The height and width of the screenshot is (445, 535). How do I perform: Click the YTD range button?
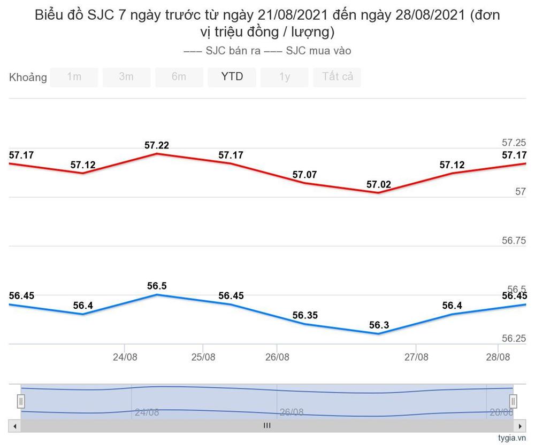[x=232, y=77]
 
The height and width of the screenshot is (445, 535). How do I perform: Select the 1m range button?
[x=74, y=77]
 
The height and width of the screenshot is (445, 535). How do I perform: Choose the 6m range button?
[x=179, y=77]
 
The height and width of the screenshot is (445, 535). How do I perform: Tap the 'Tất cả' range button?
[x=337, y=77]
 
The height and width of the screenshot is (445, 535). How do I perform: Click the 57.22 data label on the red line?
[x=157, y=145]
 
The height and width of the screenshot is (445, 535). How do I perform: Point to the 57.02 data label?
[x=379, y=185]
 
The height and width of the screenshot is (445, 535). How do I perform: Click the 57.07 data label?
[x=304, y=175]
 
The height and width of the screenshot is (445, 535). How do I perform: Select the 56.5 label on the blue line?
[x=157, y=286]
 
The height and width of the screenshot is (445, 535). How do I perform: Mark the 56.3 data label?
[x=379, y=325]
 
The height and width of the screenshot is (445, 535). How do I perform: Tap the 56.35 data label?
[x=305, y=316]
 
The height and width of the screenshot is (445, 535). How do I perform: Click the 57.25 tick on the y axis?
[x=514, y=143]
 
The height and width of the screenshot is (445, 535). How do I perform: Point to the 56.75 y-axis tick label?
[x=514, y=241]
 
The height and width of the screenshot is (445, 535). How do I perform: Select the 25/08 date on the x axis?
[x=203, y=357]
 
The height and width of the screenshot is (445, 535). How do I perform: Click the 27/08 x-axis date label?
[x=416, y=357]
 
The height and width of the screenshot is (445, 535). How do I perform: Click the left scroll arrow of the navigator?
[x=15, y=426]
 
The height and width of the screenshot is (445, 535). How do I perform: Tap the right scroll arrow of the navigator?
[x=519, y=426]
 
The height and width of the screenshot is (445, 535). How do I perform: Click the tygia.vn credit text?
[x=512, y=438]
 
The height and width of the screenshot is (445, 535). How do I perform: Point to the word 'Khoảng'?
[x=28, y=77]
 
